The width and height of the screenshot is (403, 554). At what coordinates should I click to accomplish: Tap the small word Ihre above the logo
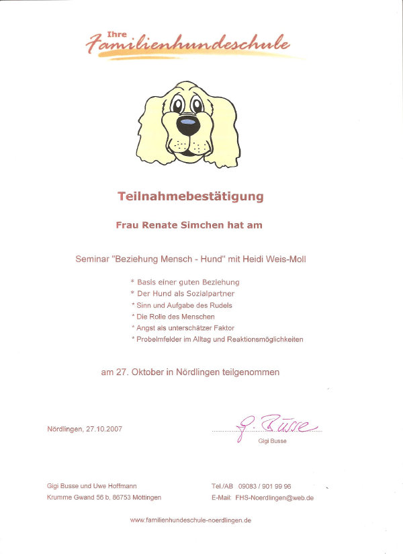click(116, 34)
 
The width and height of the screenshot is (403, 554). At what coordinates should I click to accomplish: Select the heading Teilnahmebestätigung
click(191, 197)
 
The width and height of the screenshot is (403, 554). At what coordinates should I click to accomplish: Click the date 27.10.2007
click(103, 429)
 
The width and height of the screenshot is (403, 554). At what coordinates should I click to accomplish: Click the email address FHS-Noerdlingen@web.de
click(275, 498)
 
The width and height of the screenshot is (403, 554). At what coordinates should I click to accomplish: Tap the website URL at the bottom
click(190, 520)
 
